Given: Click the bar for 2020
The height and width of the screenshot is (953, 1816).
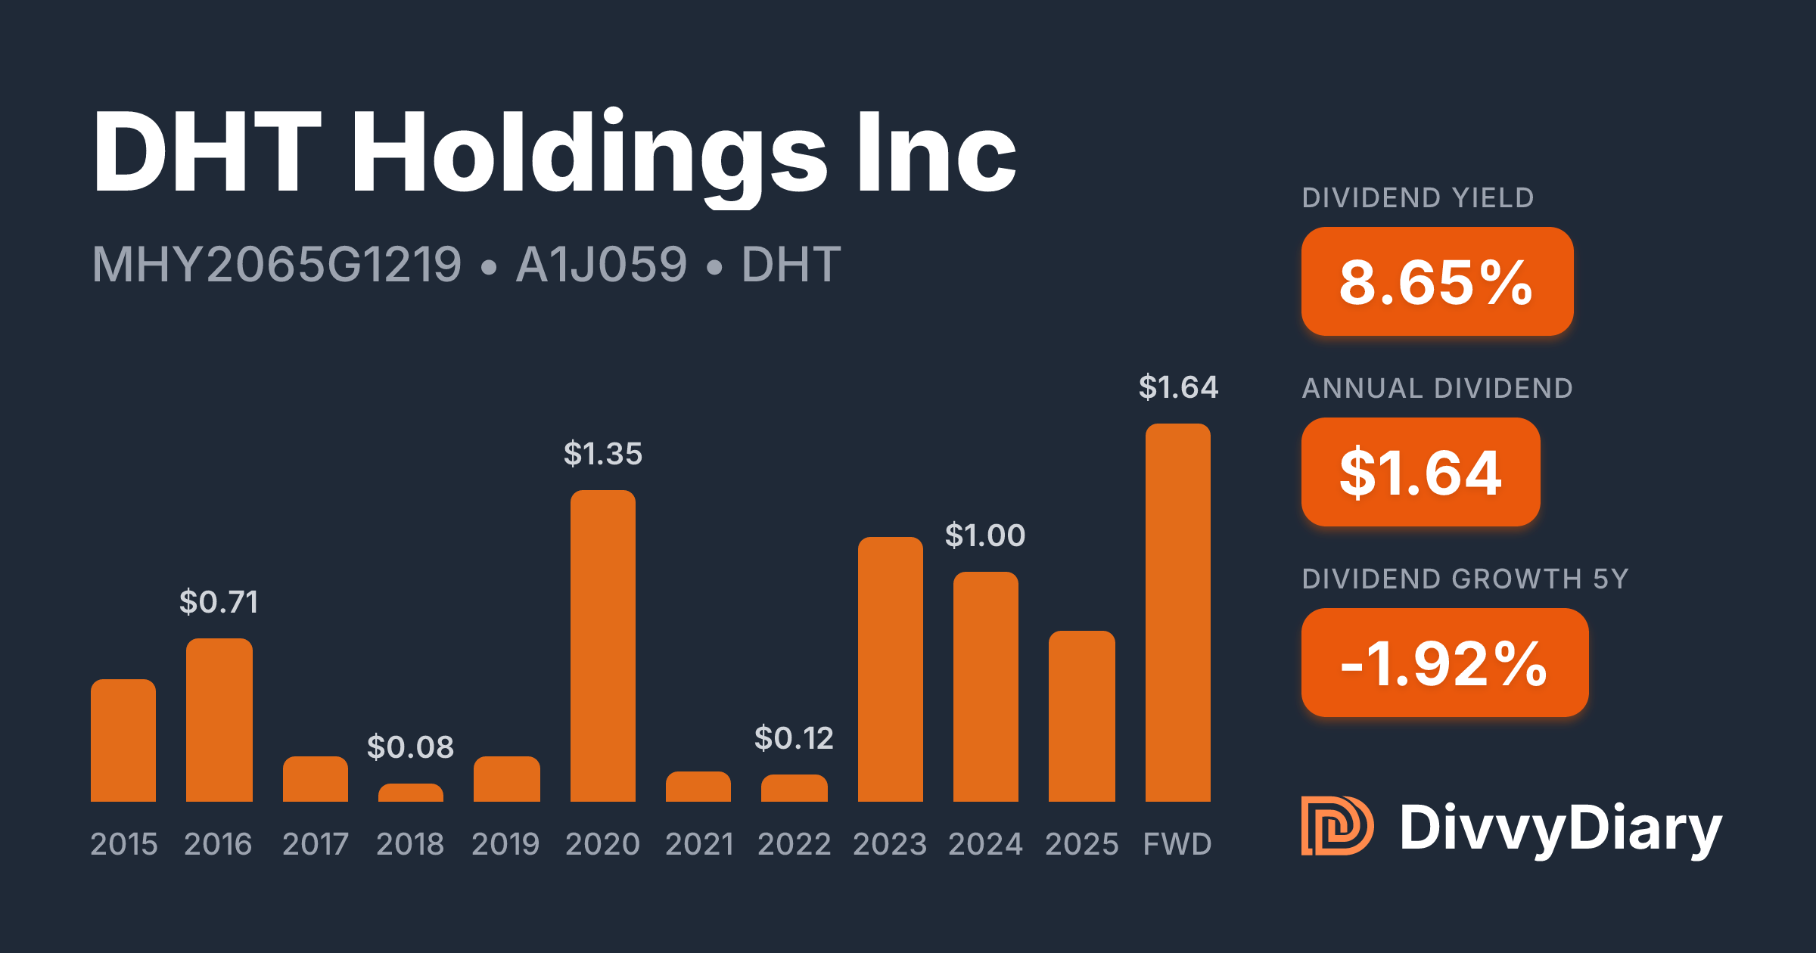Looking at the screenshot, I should click(602, 646).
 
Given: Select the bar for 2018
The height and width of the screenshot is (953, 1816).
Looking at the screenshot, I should click(410, 793).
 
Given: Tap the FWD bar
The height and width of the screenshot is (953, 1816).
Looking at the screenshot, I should click(1177, 613).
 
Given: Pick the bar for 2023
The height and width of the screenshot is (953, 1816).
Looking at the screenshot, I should click(890, 669).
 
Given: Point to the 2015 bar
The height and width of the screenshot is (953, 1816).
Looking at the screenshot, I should click(123, 740).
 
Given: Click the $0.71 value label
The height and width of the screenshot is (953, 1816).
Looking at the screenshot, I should click(219, 602).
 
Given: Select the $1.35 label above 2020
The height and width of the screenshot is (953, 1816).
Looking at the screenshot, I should click(602, 454).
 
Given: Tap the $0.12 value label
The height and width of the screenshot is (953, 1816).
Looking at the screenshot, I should click(794, 738).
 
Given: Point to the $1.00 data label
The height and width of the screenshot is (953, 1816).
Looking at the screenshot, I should click(985, 535).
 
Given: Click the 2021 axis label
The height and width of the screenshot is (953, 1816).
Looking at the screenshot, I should click(699, 844).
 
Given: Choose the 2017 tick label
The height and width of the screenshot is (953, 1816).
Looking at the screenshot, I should click(316, 844).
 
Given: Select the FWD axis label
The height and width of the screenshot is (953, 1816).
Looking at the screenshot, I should click(1177, 844).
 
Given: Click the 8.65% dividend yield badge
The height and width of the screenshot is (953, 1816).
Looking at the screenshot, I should click(1437, 281).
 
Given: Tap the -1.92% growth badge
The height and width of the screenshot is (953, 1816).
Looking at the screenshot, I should click(1444, 663).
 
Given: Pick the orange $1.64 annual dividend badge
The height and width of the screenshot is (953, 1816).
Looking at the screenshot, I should click(1420, 472).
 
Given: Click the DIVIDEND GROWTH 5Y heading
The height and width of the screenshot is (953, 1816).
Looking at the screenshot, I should click(1465, 579).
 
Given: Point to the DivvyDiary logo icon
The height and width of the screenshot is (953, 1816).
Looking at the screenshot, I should click(1336, 826).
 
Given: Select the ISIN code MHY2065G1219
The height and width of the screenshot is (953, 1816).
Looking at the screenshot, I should click(276, 265).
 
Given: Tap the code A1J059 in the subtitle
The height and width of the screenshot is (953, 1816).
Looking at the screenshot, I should click(601, 265).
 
